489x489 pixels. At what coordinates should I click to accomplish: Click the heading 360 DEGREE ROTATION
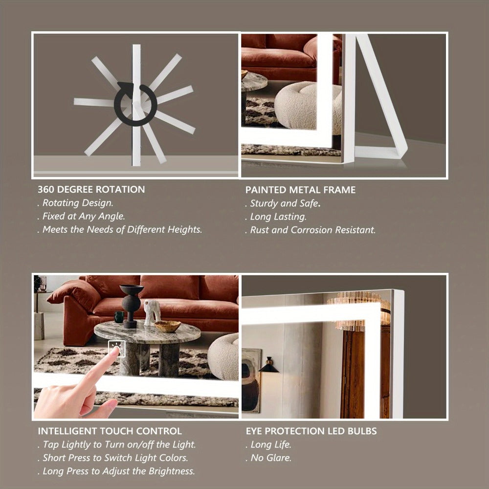(x=91, y=189)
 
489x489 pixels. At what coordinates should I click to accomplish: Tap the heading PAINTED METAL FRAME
(x=300, y=190)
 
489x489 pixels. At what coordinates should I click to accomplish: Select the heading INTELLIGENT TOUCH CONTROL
(x=110, y=431)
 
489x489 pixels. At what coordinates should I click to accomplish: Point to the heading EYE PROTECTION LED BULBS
(x=311, y=431)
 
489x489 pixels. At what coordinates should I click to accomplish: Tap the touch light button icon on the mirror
(x=117, y=348)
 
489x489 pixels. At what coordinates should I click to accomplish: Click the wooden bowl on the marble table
(x=167, y=326)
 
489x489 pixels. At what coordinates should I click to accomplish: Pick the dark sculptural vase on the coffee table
(x=131, y=306)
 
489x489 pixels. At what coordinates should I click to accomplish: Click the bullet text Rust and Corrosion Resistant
(x=311, y=230)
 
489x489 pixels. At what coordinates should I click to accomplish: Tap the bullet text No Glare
(x=268, y=458)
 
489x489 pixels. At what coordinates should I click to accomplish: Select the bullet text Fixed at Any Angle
(x=81, y=216)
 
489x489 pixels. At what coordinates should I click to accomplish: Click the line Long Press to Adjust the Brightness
(x=116, y=471)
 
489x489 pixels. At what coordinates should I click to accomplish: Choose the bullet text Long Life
(x=268, y=445)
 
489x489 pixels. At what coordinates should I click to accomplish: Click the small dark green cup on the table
(x=119, y=317)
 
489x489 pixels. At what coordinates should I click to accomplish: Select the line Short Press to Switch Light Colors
(x=112, y=458)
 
